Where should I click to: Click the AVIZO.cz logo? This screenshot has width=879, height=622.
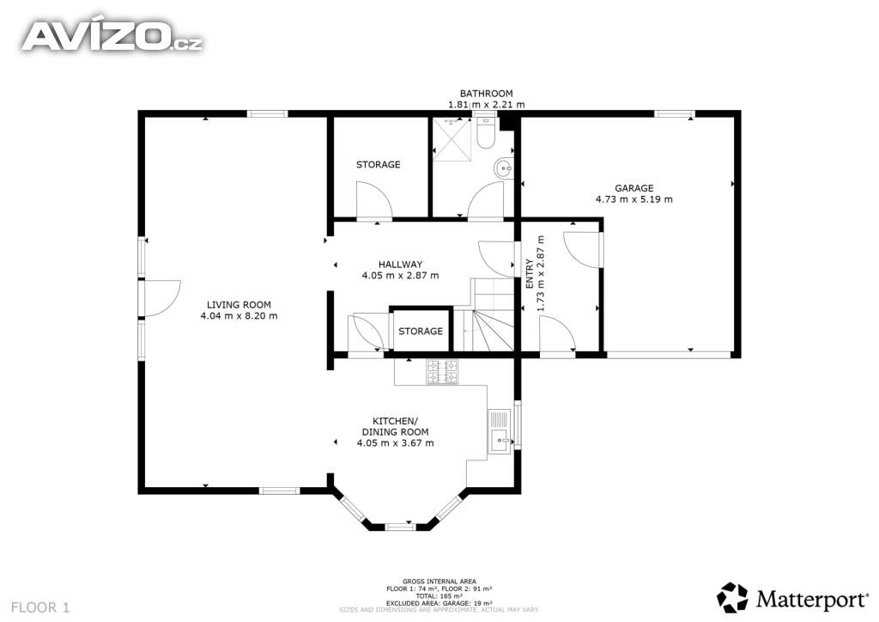[112, 36]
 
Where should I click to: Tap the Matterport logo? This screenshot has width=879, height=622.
[792, 598]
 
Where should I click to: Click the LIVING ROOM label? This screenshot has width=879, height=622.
[239, 305]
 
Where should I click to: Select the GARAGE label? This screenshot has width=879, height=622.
[634, 188]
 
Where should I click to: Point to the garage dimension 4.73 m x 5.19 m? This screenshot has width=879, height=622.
[634, 199]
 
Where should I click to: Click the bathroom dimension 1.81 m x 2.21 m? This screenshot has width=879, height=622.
[487, 104]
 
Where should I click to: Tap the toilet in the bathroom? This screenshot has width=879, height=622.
[486, 133]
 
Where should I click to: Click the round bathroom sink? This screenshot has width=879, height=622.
[503, 168]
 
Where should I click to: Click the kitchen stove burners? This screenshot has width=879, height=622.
[442, 371]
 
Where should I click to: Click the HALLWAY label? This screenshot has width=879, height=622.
[400, 264]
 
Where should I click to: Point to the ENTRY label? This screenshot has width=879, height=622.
[530, 274]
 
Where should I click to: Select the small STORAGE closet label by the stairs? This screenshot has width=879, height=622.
[421, 332]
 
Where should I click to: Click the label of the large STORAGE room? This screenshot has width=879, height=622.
[379, 164]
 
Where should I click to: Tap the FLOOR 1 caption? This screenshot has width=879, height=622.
[40, 607]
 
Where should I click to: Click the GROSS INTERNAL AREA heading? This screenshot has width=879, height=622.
[439, 582]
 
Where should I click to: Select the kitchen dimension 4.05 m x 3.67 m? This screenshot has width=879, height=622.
[395, 443]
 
